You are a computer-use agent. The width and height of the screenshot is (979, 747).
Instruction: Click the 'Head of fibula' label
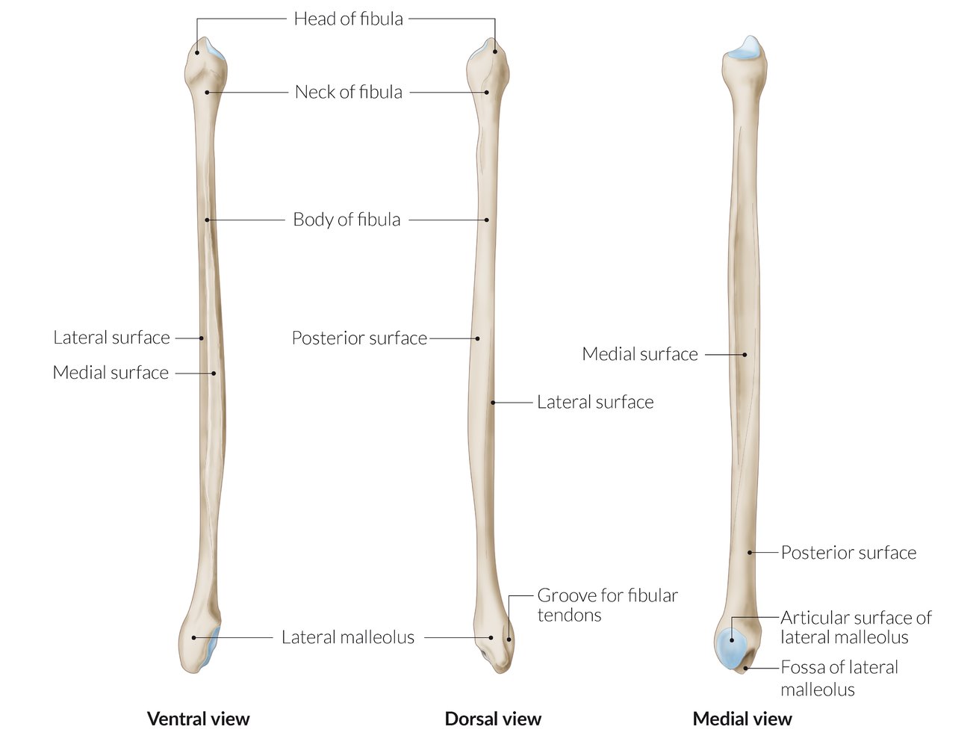(348, 19)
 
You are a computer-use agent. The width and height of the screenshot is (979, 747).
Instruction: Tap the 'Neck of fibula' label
(348, 92)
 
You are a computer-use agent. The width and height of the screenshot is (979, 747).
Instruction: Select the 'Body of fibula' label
(346, 220)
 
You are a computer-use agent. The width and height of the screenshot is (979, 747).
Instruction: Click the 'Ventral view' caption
(198, 719)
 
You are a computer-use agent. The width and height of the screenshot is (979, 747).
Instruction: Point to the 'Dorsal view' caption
(493, 719)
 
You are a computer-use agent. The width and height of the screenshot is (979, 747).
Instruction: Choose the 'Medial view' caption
(742, 719)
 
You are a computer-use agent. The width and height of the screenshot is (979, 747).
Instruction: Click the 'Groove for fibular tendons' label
(607, 605)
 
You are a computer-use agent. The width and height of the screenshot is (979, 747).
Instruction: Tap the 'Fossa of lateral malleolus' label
(839, 678)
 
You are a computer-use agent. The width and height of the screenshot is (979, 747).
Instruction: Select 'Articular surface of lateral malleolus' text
(856, 627)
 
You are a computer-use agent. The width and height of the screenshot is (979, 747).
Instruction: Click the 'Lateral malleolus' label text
(348, 637)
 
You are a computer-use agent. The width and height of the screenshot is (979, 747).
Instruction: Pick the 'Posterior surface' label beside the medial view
(848, 553)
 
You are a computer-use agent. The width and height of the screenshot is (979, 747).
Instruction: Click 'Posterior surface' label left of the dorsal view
(359, 338)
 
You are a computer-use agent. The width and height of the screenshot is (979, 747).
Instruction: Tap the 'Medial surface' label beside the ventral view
(111, 373)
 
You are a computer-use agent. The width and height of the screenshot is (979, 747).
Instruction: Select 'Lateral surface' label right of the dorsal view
(595, 402)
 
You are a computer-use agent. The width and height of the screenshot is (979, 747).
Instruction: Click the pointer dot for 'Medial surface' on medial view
(745, 355)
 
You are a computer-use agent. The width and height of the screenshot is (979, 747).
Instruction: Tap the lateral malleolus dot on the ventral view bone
(194, 637)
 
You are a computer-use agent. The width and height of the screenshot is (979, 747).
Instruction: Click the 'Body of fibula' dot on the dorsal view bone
(487, 220)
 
